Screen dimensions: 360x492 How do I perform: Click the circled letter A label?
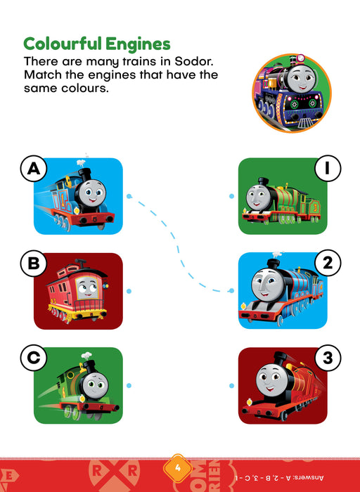34,169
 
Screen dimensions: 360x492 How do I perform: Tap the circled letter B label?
34,264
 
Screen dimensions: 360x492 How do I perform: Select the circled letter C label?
34,358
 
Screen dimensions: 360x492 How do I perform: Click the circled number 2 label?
328,263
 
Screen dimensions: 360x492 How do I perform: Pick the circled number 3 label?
328,358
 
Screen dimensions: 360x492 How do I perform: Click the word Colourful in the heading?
63,44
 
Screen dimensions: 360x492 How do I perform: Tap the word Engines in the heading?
138,44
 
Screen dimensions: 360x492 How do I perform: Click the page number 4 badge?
178,468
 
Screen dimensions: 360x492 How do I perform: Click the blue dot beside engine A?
129,196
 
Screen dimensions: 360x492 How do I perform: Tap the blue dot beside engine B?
129,291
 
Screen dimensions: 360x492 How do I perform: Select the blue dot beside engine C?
129,386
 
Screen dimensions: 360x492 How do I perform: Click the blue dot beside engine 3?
231,386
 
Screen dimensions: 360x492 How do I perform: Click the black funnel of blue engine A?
84,174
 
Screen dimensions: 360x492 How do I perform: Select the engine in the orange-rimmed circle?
291,93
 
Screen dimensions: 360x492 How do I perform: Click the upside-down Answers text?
279,478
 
